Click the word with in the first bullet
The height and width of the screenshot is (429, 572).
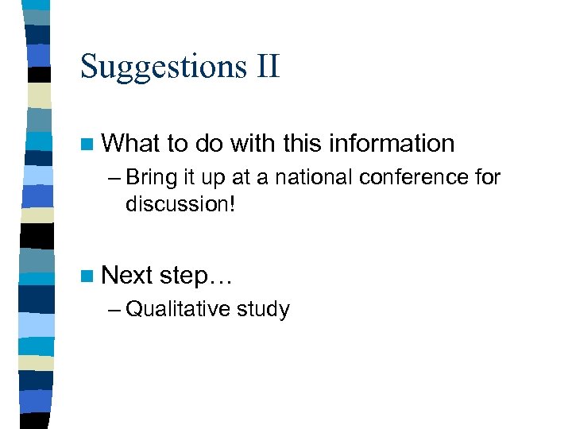(253, 144)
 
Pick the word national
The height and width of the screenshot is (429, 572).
(310, 177)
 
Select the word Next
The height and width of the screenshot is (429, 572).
(128, 276)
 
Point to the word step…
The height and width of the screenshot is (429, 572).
(195, 276)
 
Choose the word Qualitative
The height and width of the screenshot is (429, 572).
(178, 310)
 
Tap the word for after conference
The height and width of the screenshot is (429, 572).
(485, 177)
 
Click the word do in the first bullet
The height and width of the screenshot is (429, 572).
(209, 144)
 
